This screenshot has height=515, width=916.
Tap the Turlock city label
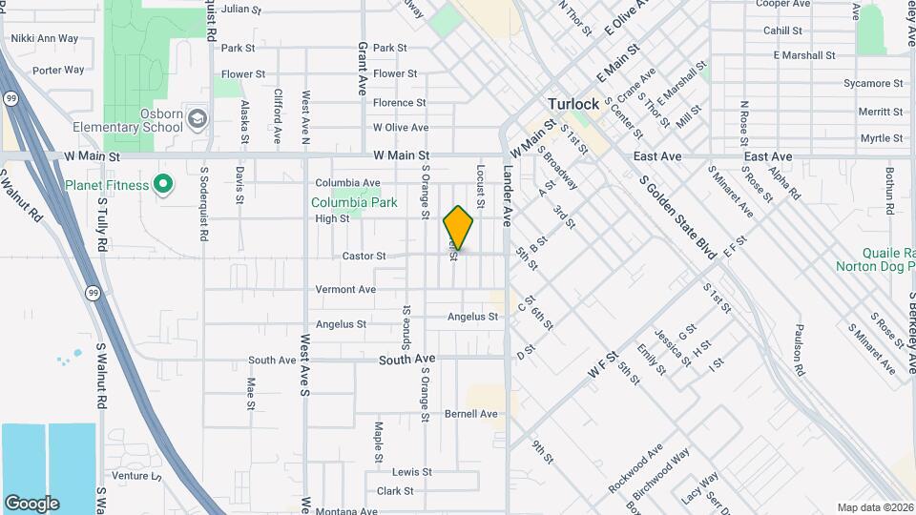572,104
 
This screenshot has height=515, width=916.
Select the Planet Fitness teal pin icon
162,184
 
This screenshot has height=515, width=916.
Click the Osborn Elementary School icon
198,119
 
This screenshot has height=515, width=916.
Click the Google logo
31,504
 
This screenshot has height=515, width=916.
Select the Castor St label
364,256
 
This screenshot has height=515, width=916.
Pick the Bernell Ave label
471,414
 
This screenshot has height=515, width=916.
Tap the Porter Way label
58,70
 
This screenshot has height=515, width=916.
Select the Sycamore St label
879,84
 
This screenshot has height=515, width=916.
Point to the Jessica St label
677,348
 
